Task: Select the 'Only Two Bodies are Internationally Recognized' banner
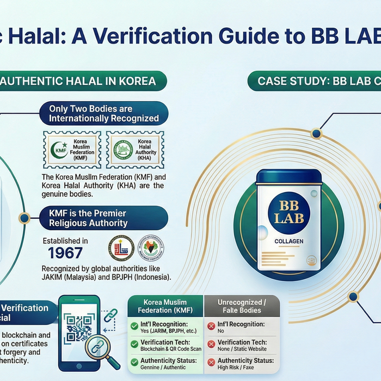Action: point(104,113)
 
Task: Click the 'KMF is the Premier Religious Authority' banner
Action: point(103,218)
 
